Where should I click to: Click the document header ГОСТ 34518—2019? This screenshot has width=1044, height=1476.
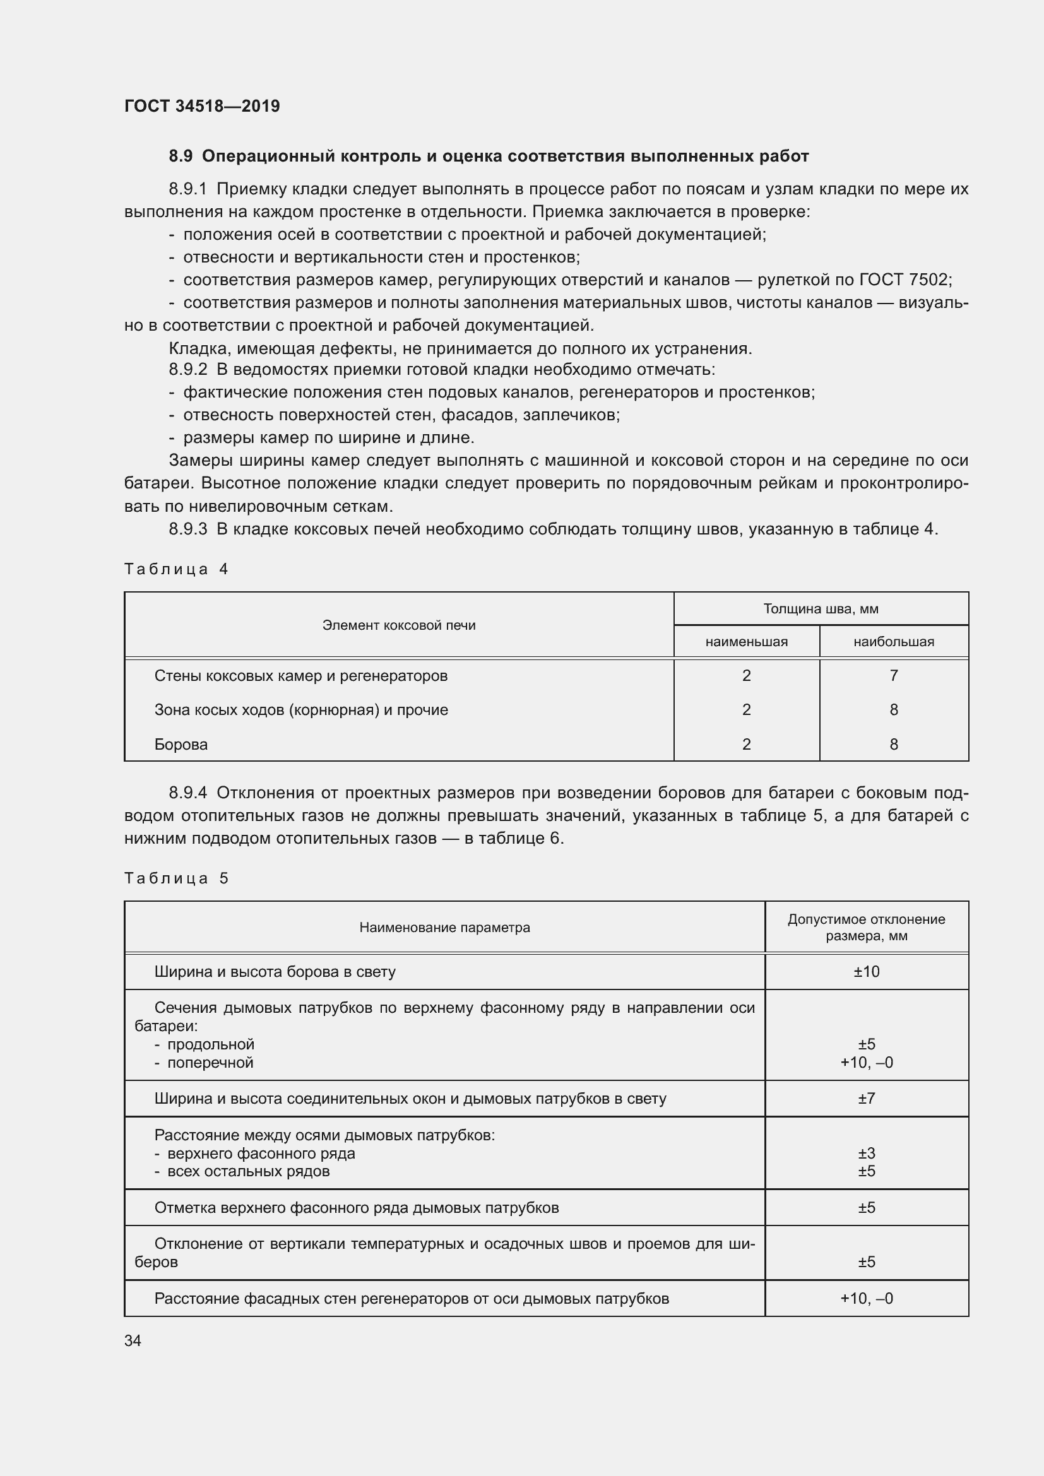(202, 106)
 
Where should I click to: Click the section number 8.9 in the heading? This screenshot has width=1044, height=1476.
(181, 156)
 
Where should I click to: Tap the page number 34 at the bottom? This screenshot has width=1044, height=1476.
(133, 1340)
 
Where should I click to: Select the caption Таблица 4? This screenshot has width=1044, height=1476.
(176, 569)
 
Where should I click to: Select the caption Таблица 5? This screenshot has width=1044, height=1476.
(176, 878)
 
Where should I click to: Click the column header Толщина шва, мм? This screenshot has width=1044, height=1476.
(821, 608)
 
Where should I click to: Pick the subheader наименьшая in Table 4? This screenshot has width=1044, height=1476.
(745, 642)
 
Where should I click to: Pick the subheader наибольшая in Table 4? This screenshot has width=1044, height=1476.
(894, 642)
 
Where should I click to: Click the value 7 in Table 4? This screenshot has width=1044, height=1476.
(894, 676)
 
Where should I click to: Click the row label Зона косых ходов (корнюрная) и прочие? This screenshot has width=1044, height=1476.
(301, 710)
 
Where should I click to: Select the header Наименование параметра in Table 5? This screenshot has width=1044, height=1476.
(444, 927)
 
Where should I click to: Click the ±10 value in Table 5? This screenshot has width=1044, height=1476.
(866, 971)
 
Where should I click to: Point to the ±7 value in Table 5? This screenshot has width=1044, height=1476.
(866, 1098)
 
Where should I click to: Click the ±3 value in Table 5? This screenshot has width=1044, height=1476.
(866, 1154)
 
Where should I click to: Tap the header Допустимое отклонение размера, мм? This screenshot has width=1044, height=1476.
(866, 927)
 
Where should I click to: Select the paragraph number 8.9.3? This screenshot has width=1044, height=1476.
(187, 529)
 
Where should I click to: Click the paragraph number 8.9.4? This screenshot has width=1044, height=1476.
(187, 793)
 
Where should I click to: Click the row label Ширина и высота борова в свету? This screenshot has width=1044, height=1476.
(275, 971)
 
